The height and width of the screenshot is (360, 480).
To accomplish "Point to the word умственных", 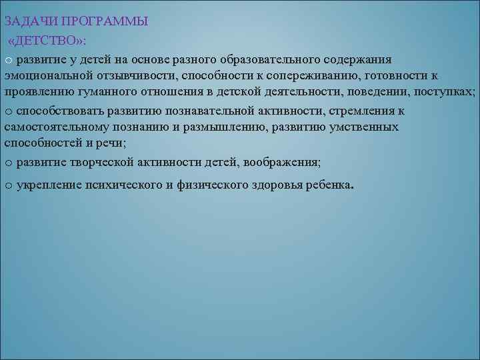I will [361, 127].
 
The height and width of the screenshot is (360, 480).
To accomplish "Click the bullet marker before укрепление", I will [8, 185].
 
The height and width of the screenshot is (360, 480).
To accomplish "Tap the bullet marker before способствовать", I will [8, 111].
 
